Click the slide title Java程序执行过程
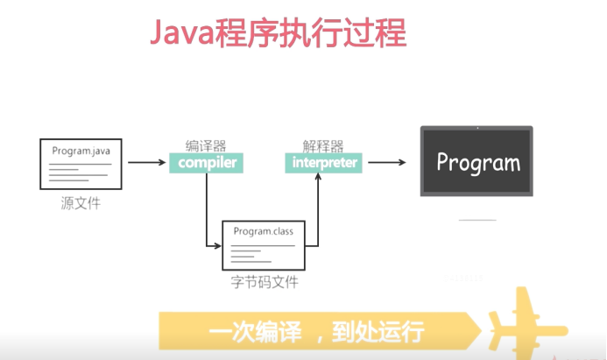click(278, 33)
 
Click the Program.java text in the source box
click(81, 151)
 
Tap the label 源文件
click(81, 203)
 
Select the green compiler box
click(206, 163)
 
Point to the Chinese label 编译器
click(206, 146)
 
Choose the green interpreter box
click(323, 163)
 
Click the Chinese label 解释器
click(323, 146)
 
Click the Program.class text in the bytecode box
click(264, 231)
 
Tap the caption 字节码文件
click(265, 282)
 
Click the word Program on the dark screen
click(478, 162)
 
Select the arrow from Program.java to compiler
click(147, 163)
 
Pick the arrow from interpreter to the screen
click(387, 163)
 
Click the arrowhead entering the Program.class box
click(218, 246)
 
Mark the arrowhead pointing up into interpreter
click(318, 177)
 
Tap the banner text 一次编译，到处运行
click(316, 332)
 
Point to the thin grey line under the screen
click(477, 220)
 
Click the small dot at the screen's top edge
click(477, 128)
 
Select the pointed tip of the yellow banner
click(481, 331)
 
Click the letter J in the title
click(156, 33)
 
